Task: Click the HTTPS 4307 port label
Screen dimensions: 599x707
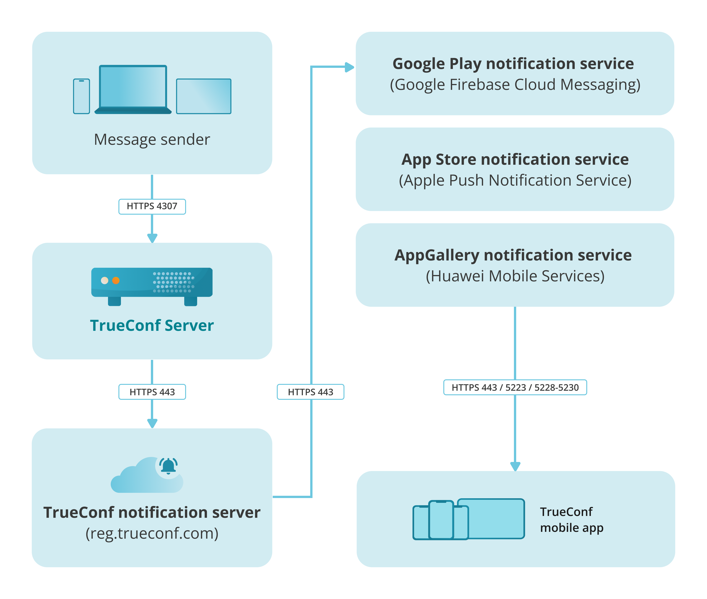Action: tap(152, 206)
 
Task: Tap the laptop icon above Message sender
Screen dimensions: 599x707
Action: tap(133, 89)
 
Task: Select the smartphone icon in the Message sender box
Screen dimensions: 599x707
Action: tap(81, 96)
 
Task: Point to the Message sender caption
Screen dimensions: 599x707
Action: tap(152, 140)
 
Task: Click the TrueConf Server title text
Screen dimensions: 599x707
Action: tap(152, 325)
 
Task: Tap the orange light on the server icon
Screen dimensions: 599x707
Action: tap(116, 280)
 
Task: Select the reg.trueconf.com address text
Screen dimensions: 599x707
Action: tap(152, 533)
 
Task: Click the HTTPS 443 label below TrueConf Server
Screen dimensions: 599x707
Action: tap(152, 392)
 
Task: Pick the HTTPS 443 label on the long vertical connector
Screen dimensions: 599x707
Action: tap(310, 392)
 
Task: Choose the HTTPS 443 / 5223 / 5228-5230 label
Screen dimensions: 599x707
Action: tap(515, 388)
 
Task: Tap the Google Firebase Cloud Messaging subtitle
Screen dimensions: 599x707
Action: tap(515, 85)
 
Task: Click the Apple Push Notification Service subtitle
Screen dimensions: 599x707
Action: tap(515, 180)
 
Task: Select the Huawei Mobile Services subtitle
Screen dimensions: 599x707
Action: tap(515, 276)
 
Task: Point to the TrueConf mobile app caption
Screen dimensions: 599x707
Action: tap(572, 520)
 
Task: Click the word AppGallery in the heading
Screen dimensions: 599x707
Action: tap(436, 255)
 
